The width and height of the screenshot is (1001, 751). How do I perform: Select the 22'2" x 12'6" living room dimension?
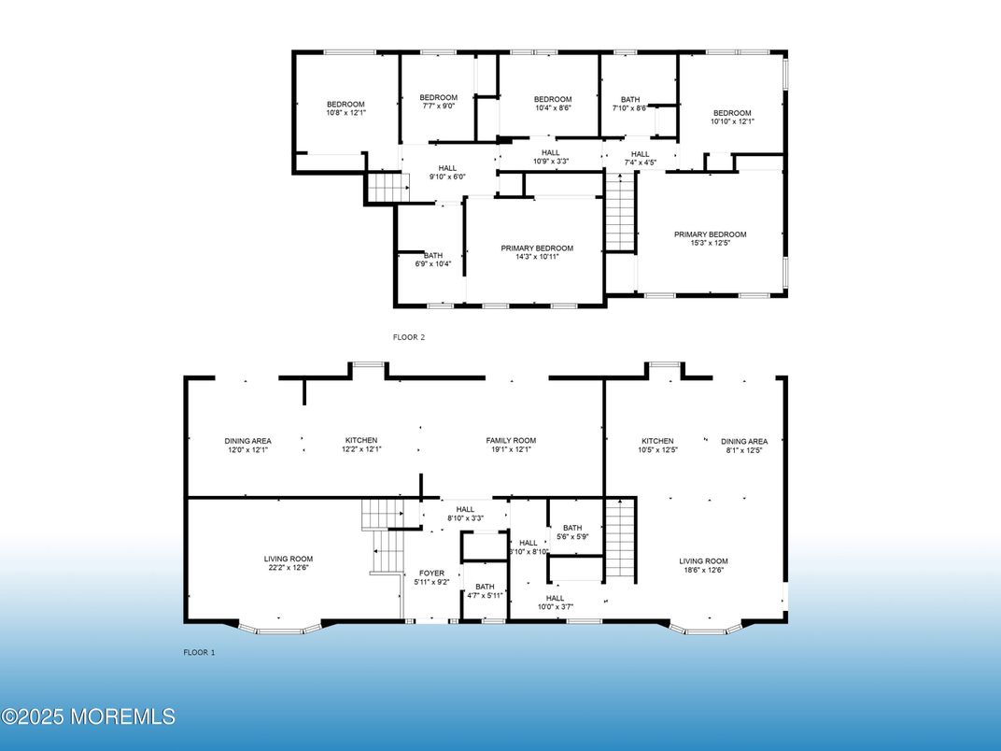click(289, 567)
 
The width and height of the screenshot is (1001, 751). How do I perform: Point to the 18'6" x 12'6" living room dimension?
click(703, 571)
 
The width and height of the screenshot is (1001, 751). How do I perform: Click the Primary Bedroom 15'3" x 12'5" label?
click(710, 238)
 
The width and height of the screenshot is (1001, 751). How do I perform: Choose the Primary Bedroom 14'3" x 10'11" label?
click(537, 252)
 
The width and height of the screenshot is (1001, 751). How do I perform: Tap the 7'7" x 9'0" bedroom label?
click(439, 102)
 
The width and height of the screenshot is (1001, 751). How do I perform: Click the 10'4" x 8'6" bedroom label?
click(553, 104)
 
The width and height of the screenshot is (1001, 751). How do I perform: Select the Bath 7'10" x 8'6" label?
click(630, 104)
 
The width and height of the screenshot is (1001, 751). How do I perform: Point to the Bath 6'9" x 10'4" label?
click(433, 260)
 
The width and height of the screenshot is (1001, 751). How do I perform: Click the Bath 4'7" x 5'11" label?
click(485, 590)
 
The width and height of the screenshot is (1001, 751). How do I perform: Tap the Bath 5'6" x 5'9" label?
click(572, 532)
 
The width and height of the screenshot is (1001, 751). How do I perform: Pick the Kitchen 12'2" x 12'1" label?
click(361, 445)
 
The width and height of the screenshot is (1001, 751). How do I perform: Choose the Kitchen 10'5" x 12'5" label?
click(657, 446)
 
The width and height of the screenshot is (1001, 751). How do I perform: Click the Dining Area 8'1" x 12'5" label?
click(744, 446)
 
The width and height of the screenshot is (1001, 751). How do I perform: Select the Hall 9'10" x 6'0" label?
click(447, 173)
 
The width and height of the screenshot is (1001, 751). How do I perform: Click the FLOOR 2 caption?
click(409, 337)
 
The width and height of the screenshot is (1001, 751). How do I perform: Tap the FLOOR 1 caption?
click(199, 652)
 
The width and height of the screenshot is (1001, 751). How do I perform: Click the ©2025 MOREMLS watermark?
click(88, 716)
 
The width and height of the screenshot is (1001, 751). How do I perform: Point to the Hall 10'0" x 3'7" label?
click(555, 602)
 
